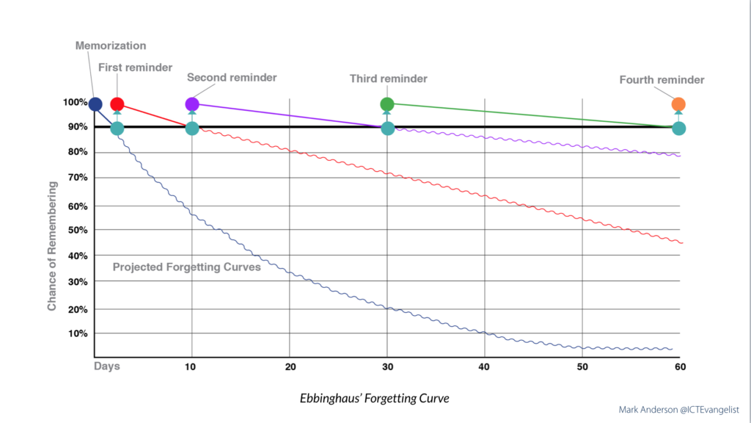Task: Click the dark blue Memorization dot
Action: point(95,104)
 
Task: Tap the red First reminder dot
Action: point(117,104)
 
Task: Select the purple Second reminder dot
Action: point(192,104)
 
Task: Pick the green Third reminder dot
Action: point(387,104)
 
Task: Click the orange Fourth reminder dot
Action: point(678,104)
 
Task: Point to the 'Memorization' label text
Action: point(111,46)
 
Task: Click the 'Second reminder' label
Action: point(232,77)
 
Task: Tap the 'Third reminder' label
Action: point(388,79)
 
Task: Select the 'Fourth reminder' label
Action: point(662,80)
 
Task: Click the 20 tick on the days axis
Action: point(290,366)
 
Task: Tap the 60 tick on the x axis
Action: point(679,366)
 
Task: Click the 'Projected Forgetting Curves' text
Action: point(186,267)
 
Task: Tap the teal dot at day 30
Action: point(387,129)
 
